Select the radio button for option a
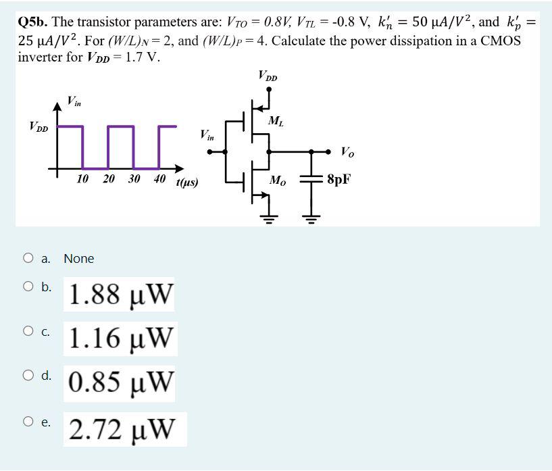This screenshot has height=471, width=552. tap(28, 257)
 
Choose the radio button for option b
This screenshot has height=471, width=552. tap(28, 287)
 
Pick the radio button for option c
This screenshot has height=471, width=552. tap(28, 331)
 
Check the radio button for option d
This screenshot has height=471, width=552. tap(28, 376)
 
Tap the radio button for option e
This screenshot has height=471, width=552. tap(28, 421)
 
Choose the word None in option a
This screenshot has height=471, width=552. tap(79, 258)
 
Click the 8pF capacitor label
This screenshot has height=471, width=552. tap(339, 180)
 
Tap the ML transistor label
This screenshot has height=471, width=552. tap(276, 122)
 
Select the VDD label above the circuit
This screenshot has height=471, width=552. tap(268, 75)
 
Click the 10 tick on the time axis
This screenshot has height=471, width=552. tap(83, 179)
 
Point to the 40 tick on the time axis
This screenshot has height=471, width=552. tap(159, 179)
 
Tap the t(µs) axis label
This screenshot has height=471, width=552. tap(186, 182)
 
